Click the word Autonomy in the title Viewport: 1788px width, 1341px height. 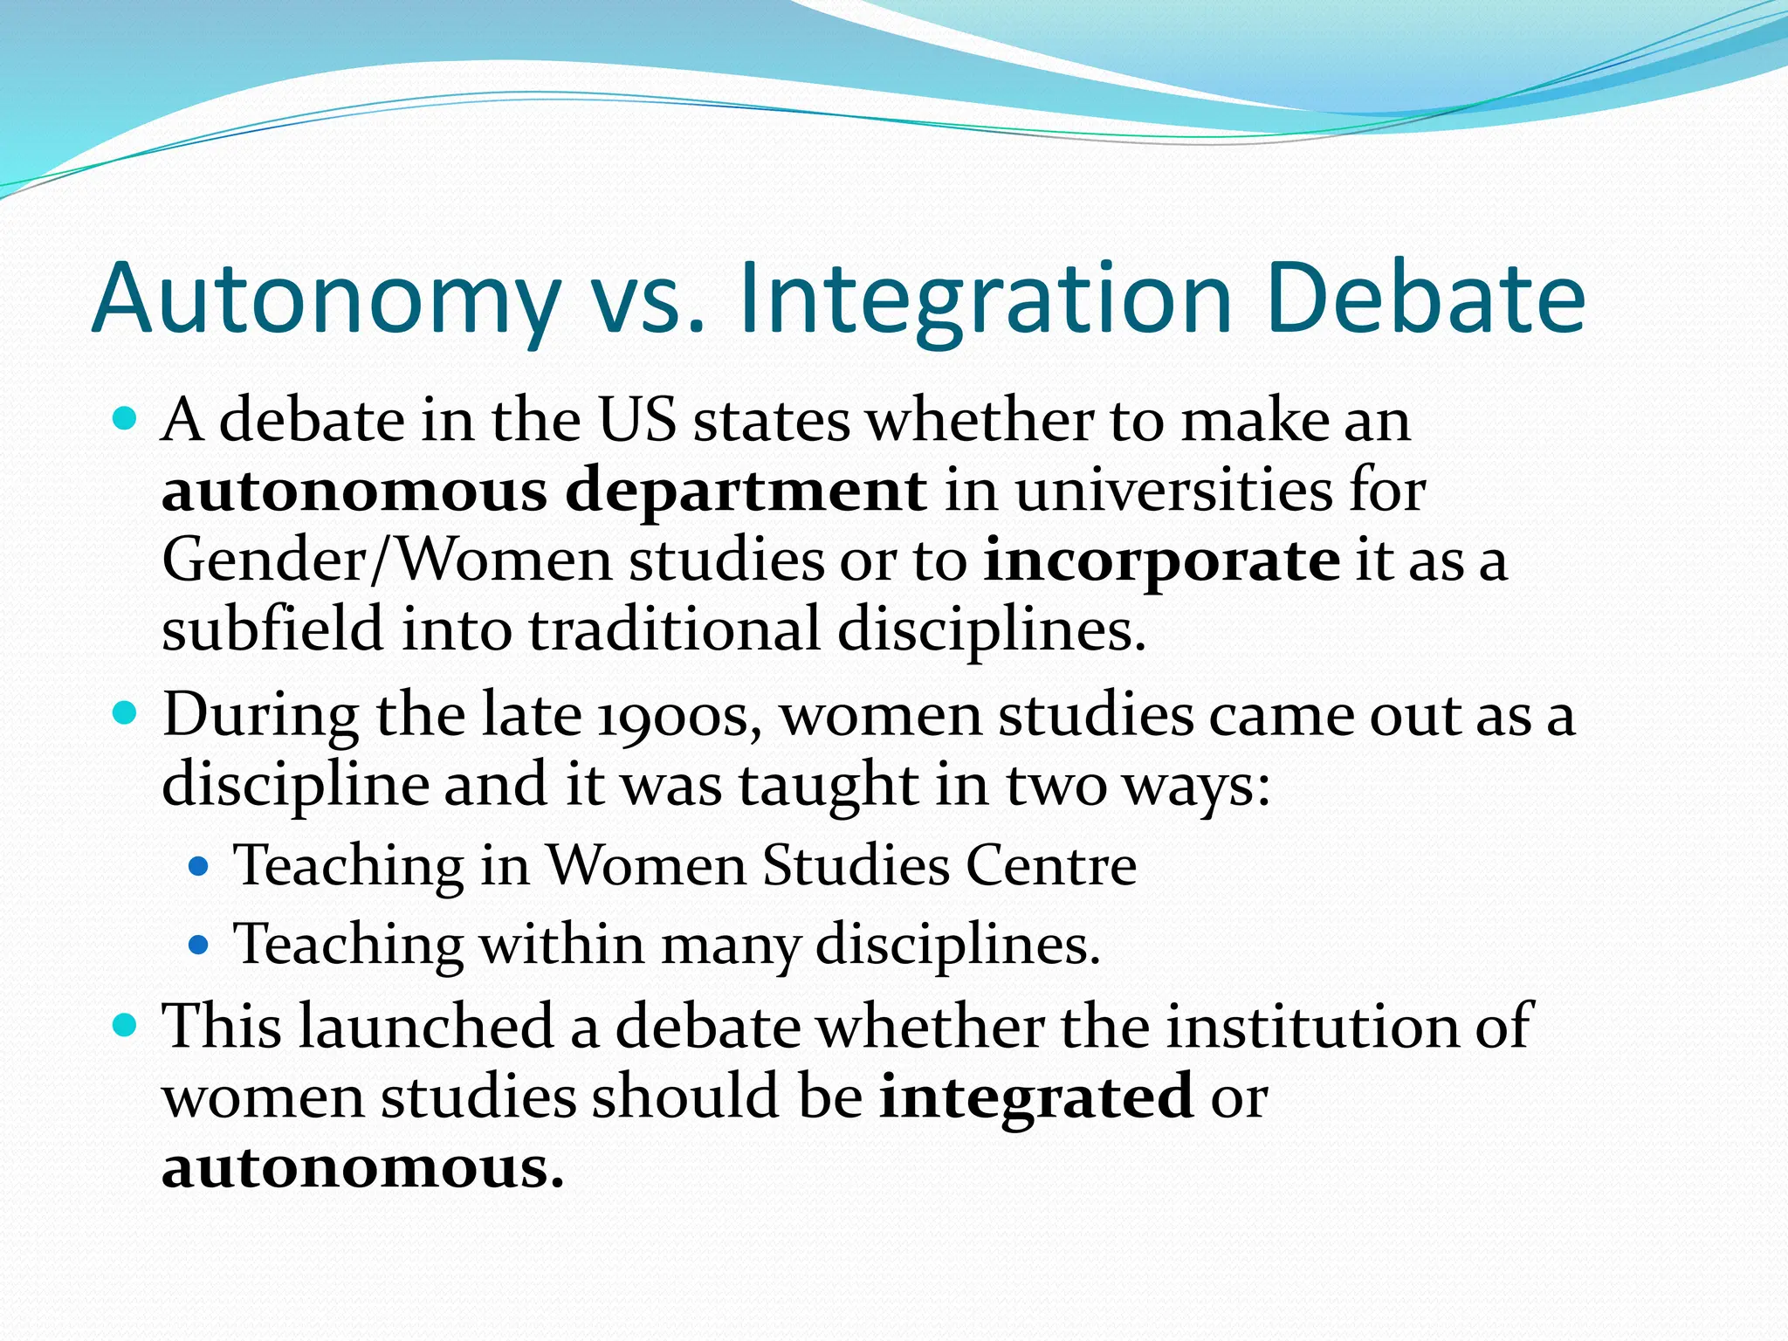325,299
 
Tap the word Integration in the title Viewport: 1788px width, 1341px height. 986,299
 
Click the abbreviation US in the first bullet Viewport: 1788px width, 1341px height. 636,421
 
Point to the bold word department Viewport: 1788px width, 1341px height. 746,492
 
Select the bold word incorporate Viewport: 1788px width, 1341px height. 1161,560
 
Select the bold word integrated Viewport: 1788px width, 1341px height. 1035,1097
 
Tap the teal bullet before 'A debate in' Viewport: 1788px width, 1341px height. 126,420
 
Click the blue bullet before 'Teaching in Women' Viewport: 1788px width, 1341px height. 199,866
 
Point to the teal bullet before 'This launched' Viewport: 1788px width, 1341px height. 126,1024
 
